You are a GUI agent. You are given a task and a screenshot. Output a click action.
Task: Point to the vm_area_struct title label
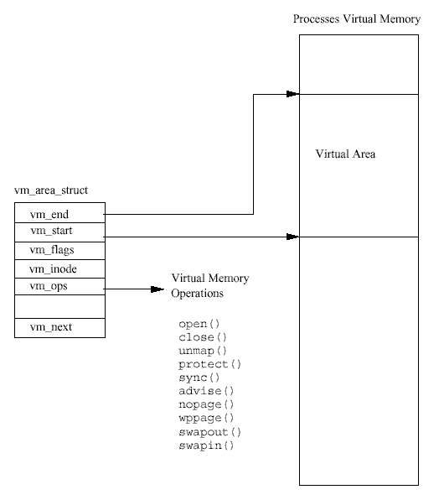(51, 190)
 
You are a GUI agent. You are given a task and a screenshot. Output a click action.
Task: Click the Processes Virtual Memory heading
(357, 18)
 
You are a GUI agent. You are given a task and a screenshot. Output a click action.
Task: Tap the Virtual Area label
(345, 154)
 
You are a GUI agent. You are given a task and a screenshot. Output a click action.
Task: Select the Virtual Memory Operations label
(210, 285)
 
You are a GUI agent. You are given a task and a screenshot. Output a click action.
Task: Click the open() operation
(199, 324)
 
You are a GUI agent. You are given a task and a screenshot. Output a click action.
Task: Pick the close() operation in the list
(203, 337)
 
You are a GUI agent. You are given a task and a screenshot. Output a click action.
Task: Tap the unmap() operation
(203, 351)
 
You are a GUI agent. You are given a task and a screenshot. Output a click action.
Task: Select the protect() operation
(210, 364)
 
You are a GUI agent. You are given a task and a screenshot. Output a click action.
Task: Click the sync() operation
(199, 378)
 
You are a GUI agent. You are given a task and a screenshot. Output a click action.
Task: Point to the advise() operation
(206, 391)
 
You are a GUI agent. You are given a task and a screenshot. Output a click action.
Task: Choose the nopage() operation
(206, 404)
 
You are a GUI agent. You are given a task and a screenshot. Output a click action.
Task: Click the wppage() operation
(206, 418)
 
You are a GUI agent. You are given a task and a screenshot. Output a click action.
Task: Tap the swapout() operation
(210, 432)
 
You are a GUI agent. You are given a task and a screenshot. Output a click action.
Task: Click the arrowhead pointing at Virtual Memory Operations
(157, 289)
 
